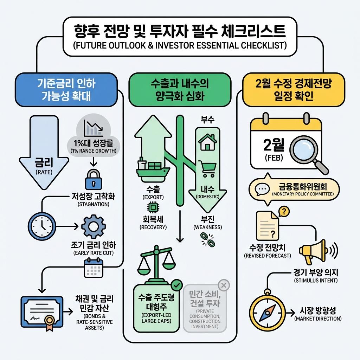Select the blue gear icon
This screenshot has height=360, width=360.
coord(92,225)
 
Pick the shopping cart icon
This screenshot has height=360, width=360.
coord(207,168)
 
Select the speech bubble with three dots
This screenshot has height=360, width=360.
coord(262,190)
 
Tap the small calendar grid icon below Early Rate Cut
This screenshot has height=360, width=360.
coord(92,269)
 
